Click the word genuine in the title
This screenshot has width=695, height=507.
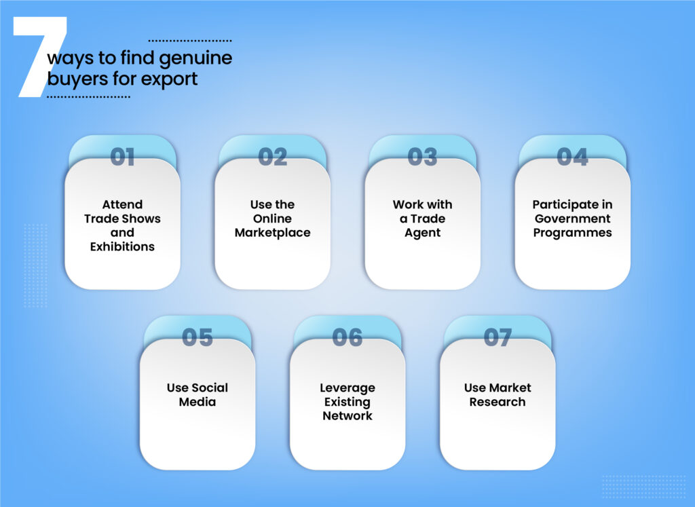(198, 58)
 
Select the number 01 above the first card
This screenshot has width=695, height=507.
(122, 157)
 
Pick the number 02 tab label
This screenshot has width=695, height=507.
(272, 157)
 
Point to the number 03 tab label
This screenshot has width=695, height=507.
(422, 157)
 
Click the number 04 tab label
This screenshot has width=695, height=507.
(572, 157)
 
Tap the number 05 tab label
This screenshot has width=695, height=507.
(198, 337)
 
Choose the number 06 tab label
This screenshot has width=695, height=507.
(347, 337)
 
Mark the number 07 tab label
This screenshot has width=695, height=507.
(497, 337)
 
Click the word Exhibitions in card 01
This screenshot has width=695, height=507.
(122, 247)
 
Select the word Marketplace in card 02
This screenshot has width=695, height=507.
(272, 233)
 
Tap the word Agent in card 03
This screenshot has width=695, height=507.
(422, 233)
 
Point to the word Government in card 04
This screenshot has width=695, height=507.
(572, 219)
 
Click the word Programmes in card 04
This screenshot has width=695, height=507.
(572, 233)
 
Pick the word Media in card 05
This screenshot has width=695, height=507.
(198, 402)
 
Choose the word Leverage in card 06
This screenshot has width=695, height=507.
(347, 388)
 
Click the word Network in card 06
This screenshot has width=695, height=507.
(347, 416)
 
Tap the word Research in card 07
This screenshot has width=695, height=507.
(497, 402)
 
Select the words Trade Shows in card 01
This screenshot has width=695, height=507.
(122, 219)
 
